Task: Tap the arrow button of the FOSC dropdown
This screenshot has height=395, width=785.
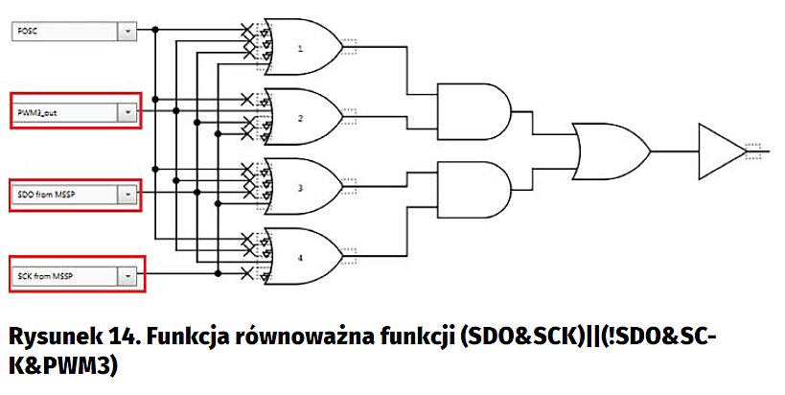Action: (x=127, y=32)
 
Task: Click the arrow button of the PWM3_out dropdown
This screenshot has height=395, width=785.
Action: (x=127, y=112)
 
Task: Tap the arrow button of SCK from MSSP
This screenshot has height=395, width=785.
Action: (x=127, y=276)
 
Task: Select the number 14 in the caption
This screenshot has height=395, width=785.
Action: (x=134, y=337)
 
